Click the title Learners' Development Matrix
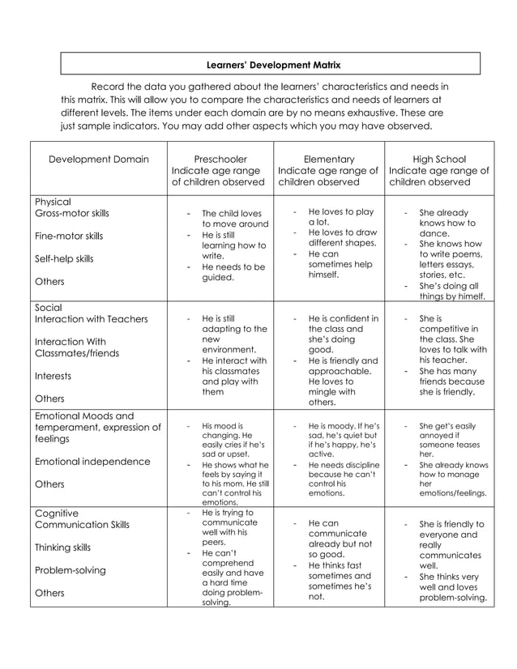coord(270,64)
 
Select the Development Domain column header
coord(99,160)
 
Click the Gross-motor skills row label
coord(71,214)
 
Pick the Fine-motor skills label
coord(69,236)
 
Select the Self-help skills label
coord(64,259)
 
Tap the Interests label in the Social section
coord(53,376)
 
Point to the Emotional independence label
coord(92,462)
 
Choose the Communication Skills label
coord(82,525)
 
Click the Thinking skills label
coord(62,548)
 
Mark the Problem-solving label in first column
coord(70,570)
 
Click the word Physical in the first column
coord(53,202)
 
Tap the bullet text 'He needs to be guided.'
coord(233,271)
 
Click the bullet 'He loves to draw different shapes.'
coord(342,237)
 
